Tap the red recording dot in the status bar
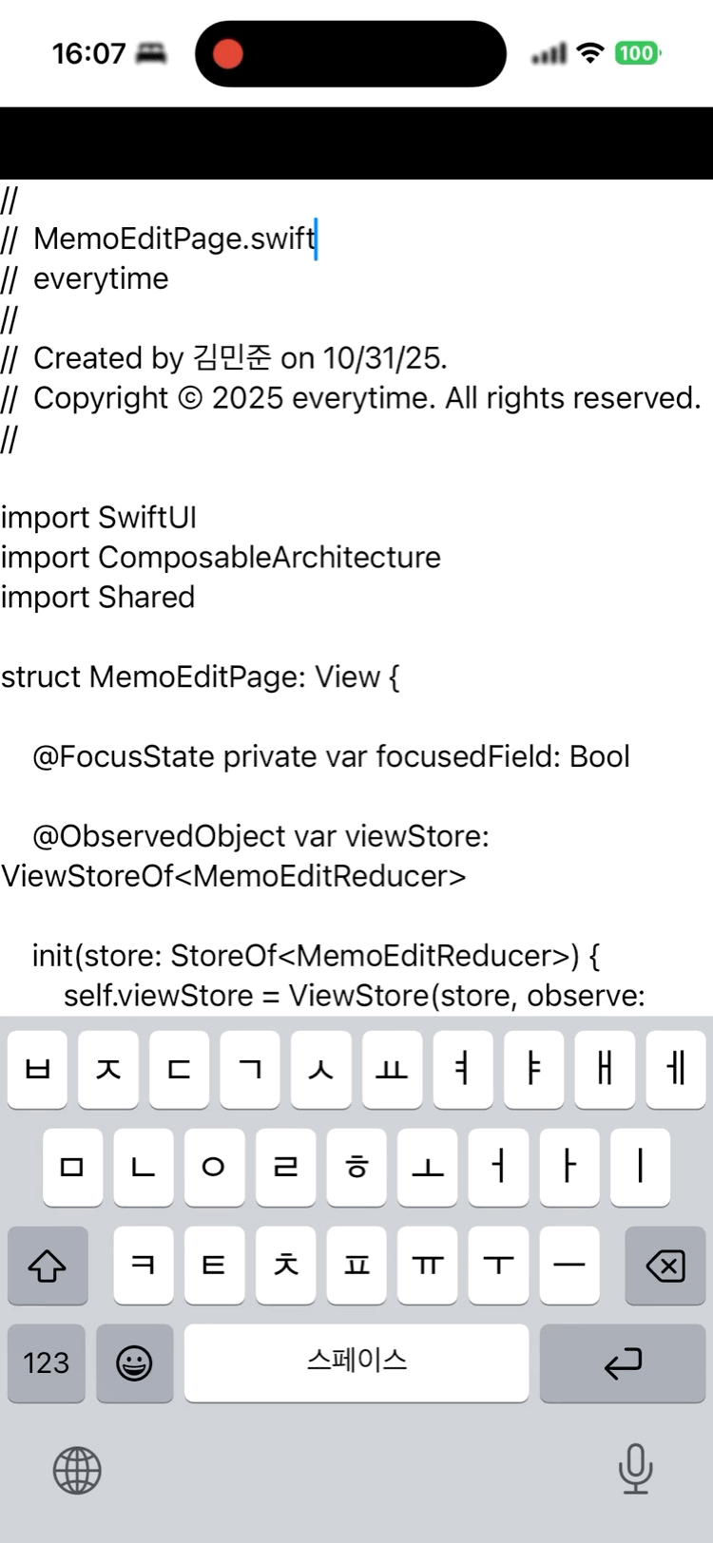click(228, 53)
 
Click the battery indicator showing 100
click(636, 53)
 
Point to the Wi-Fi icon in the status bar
click(590, 53)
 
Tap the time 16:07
click(88, 53)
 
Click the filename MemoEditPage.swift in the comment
click(174, 238)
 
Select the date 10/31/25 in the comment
click(384, 358)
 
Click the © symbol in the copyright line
click(190, 398)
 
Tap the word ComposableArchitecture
click(269, 558)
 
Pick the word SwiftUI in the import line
click(147, 518)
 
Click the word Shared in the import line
click(146, 598)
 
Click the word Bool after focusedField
click(600, 757)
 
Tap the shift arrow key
click(47, 1266)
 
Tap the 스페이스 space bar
click(356, 1362)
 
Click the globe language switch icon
click(77, 1471)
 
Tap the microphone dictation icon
click(635, 1469)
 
